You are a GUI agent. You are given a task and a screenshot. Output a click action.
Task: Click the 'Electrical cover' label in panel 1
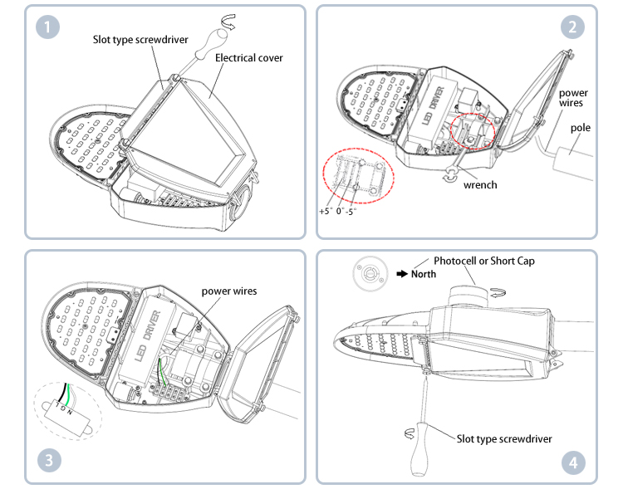[249, 58]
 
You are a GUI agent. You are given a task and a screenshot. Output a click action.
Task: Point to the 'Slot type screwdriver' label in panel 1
[140, 39]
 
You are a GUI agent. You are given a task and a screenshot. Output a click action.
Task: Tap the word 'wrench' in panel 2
[480, 184]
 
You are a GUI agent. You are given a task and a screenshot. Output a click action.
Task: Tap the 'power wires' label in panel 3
[229, 291]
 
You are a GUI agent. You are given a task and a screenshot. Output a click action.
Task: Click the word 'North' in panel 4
[423, 273]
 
